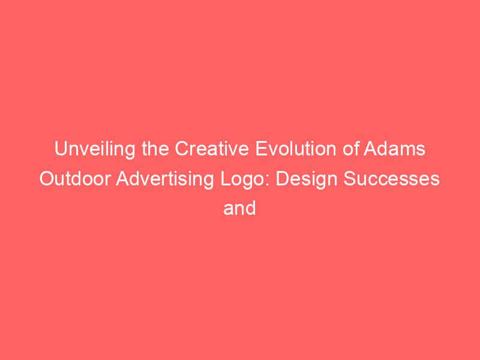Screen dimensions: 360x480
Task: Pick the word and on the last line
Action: tap(240, 208)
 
